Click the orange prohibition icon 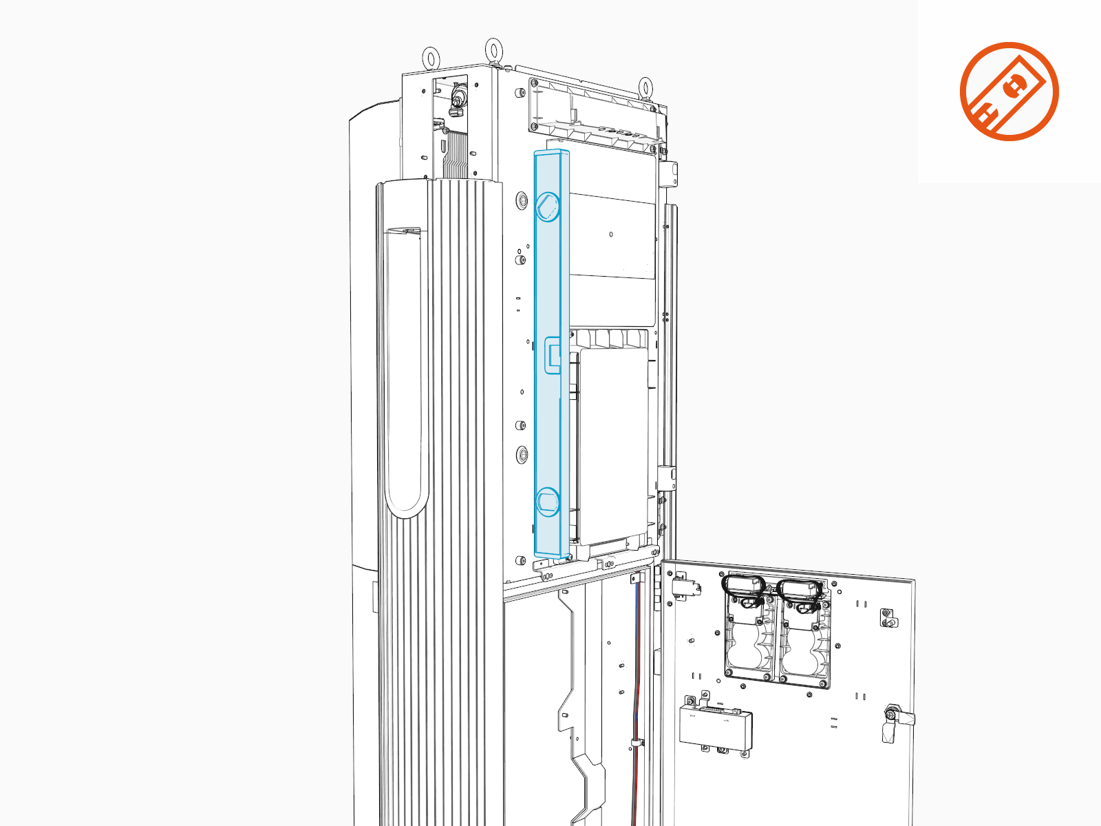(x=1009, y=92)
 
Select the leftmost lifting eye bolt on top (x=431, y=58)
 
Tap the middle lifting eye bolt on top (x=493, y=50)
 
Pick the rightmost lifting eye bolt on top (x=645, y=87)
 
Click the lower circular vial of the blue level (x=548, y=502)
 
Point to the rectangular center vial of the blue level (x=553, y=355)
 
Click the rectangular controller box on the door (x=716, y=726)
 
